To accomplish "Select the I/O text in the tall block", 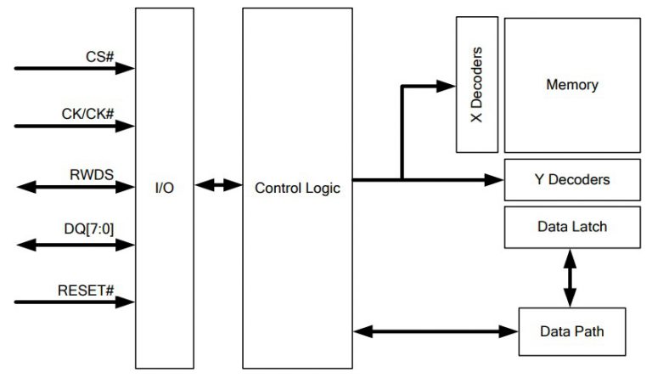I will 165,188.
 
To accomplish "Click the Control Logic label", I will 297,188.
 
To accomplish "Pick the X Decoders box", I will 476,85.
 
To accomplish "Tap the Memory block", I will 571,85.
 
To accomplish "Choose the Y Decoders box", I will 571,180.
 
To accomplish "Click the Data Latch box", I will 571,227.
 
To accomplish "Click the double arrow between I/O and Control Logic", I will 218,183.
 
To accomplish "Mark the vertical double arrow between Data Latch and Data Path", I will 570,277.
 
